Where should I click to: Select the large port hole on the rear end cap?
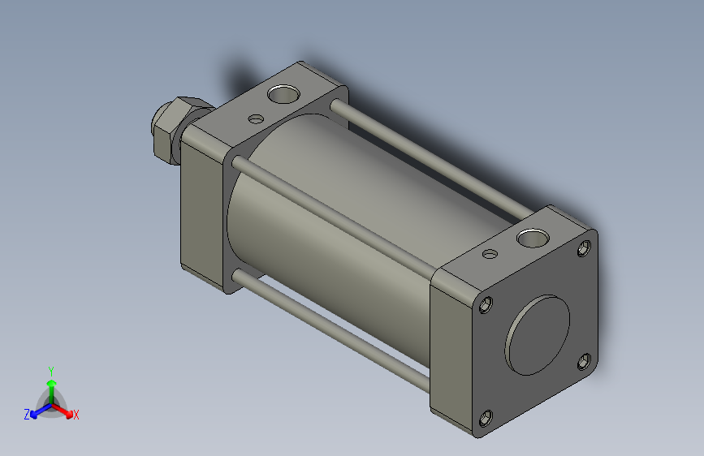[x=283, y=94]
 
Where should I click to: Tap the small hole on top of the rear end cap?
[x=256, y=119]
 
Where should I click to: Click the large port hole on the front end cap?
[x=533, y=238]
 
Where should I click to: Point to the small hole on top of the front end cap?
[x=490, y=254]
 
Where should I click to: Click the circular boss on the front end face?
[x=538, y=335]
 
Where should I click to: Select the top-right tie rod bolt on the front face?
[x=584, y=248]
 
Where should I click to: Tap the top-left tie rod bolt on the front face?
[x=486, y=304]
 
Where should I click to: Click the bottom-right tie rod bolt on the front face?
[x=584, y=362]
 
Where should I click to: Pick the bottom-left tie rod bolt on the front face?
[x=486, y=419]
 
